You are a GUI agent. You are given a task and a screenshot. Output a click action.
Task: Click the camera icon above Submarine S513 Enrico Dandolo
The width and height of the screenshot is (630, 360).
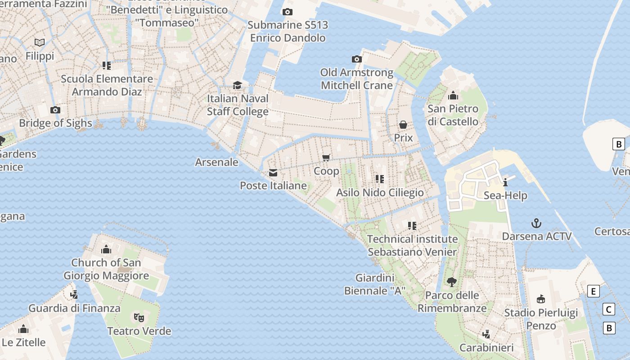[x=287, y=12]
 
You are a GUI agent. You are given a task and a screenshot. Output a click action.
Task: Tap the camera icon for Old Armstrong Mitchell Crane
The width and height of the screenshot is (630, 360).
[x=356, y=59]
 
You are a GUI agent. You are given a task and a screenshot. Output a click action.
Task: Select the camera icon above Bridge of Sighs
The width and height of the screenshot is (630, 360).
[x=55, y=110]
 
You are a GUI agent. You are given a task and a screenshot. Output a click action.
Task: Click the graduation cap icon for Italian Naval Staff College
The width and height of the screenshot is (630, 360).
[x=237, y=85]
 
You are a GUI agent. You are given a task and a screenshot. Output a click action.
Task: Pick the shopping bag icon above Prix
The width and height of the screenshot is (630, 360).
[x=403, y=124]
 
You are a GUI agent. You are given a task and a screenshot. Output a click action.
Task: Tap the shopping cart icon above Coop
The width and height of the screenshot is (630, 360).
[x=326, y=157]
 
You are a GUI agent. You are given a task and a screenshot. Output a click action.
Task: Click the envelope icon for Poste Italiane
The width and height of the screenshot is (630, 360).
[x=273, y=173]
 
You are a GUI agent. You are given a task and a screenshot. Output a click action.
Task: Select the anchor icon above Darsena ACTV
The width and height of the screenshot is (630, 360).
[x=536, y=223]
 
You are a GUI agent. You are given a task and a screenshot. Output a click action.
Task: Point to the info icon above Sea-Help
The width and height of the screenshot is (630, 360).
[x=505, y=182]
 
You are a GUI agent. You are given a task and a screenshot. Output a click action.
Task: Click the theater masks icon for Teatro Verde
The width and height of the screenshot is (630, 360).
[x=139, y=318]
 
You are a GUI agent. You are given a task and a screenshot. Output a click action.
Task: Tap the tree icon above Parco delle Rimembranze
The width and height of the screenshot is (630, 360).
[x=451, y=282]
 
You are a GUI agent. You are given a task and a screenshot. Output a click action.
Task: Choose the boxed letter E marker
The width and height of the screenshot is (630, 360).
[x=594, y=292]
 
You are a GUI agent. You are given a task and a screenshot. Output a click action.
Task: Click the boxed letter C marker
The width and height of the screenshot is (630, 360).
[x=609, y=310]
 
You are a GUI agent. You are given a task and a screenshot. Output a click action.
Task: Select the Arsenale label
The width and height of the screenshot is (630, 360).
[x=216, y=162]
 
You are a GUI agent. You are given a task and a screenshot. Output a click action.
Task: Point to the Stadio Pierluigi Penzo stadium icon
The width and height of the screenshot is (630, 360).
[x=541, y=299]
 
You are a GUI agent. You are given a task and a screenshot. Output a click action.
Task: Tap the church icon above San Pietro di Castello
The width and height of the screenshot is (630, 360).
[x=453, y=95]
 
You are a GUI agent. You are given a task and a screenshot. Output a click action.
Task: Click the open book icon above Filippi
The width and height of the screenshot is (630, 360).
[x=40, y=42]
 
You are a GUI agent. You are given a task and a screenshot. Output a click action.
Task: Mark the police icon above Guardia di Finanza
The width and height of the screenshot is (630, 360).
[x=74, y=295]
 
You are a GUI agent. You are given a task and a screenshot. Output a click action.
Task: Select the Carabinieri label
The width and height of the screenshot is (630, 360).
[x=486, y=348]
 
